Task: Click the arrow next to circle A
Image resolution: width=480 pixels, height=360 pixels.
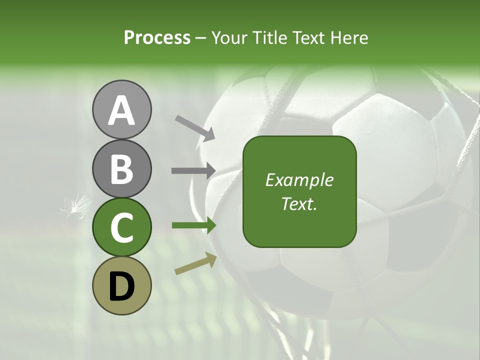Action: tap(195, 127)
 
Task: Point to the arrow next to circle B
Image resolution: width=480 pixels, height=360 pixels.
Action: tap(193, 170)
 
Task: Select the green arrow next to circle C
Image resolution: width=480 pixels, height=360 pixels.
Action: tap(193, 225)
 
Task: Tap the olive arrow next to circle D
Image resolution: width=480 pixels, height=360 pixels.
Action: tap(195, 263)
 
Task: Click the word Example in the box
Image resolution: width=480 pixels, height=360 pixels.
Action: tap(299, 180)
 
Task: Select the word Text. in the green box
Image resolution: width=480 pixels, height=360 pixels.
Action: tap(299, 204)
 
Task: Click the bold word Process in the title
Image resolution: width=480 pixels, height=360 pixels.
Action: tap(157, 37)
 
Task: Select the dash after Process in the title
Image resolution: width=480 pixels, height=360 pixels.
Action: tap(201, 38)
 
